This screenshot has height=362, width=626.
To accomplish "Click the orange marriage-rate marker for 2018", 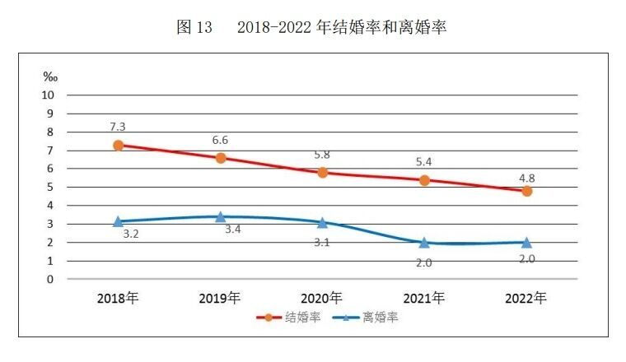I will (118, 145).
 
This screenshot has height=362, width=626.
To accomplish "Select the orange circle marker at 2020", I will (322, 172).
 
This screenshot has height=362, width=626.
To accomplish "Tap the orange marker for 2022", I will (526, 191).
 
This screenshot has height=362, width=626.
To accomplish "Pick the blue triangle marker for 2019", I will (220, 216).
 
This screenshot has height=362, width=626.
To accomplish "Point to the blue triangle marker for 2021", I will (424, 243).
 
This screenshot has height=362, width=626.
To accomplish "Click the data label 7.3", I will (118, 127).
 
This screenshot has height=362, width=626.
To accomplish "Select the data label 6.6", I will (220, 140).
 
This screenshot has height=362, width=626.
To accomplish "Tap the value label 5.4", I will (424, 162).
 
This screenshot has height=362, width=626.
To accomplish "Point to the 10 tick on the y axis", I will (47, 95).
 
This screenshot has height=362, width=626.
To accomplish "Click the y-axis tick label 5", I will (49, 187).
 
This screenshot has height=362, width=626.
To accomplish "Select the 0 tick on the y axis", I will (49, 279).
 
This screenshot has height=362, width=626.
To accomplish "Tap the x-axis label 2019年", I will (220, 297).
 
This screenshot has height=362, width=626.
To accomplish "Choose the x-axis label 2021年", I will (424, 297).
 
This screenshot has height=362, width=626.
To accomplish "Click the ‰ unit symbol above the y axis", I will (50, 77).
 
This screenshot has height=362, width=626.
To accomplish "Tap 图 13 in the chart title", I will (194, 27).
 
